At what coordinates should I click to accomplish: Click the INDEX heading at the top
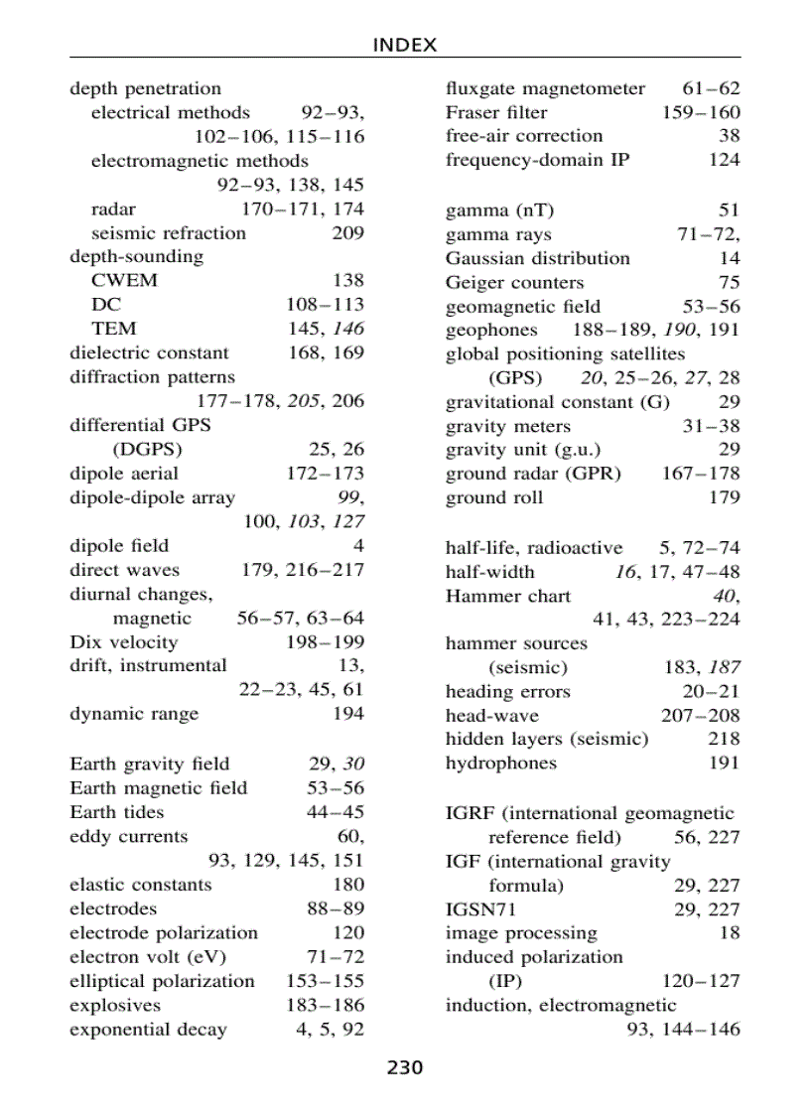[404, 45]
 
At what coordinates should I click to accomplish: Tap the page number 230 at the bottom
[404, 1068]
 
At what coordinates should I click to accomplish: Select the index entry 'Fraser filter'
[496, 112]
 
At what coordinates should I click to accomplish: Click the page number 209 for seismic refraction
[347, 232]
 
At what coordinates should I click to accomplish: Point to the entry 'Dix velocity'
[123, 641]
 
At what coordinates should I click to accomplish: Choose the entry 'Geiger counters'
[514, 282]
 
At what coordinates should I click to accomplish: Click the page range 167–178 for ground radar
[700, 474]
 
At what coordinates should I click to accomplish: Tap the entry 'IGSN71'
[480, 908]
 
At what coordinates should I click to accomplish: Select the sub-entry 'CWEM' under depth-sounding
[124, 280]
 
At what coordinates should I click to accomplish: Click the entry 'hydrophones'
[500, 763]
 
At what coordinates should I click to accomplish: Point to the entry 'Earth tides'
[117, 811]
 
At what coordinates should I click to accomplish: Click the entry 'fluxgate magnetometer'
[545, 88]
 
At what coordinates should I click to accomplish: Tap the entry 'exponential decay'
[148, 1030]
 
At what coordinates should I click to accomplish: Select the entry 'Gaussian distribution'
[537, 258]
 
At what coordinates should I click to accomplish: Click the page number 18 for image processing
[729, 932]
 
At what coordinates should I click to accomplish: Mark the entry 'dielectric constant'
[149, 352]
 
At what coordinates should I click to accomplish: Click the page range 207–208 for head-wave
[700, 715]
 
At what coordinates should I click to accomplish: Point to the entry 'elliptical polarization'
[162, 981]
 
